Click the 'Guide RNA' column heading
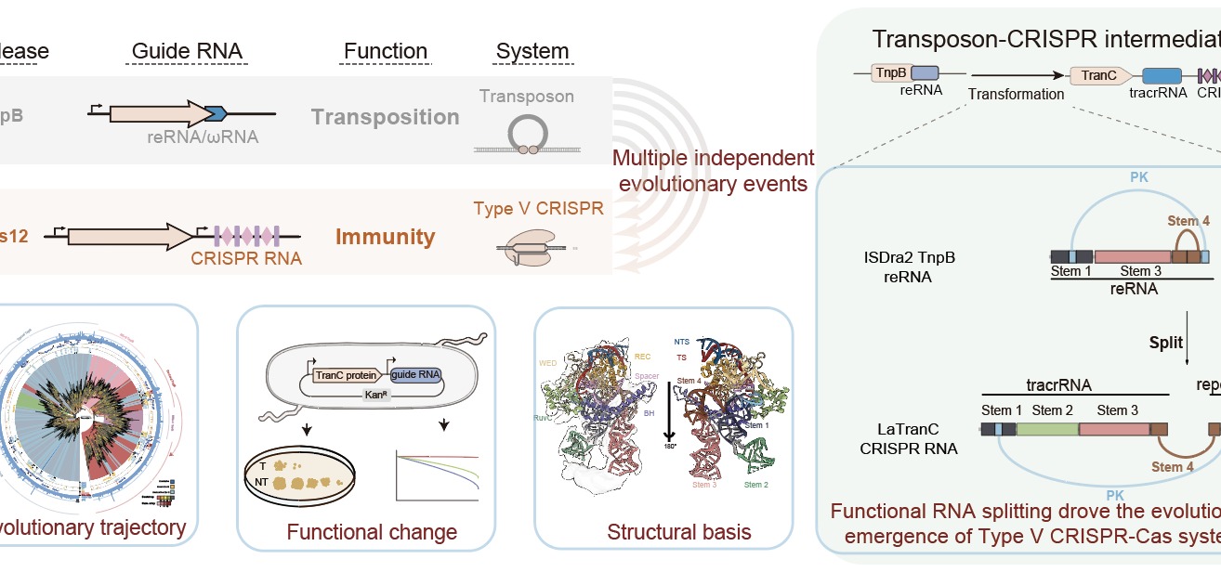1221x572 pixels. tap(174, 50)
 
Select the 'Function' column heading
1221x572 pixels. tap(386, 50)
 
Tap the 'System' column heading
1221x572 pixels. tap(532, 50)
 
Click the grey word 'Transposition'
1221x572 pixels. tap(386, 117)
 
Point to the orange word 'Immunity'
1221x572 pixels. tap(386, 237)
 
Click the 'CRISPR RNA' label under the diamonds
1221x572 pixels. tap(246, 258)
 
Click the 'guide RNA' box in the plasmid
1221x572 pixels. tap(415, 375)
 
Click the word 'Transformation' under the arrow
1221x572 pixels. tap(1016, 94)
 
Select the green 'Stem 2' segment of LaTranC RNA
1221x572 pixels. tap(1047, 429)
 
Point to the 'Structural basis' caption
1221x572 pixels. tap(665, 532)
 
